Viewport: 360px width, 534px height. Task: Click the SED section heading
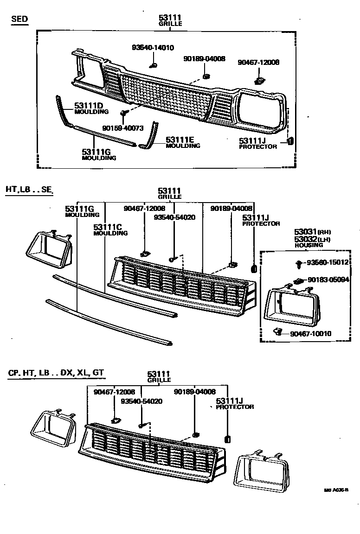point(19,19)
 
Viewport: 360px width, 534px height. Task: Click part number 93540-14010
point(153,47)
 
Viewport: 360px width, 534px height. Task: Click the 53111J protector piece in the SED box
point(291,141)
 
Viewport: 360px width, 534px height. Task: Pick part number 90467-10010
point(311,333)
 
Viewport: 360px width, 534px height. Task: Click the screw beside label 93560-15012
point(299,264)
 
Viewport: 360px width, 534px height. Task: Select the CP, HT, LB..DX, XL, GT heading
point(56,372)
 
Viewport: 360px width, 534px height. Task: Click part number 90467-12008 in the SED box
point(258,63)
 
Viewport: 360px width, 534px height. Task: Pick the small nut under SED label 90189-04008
point(206,76)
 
